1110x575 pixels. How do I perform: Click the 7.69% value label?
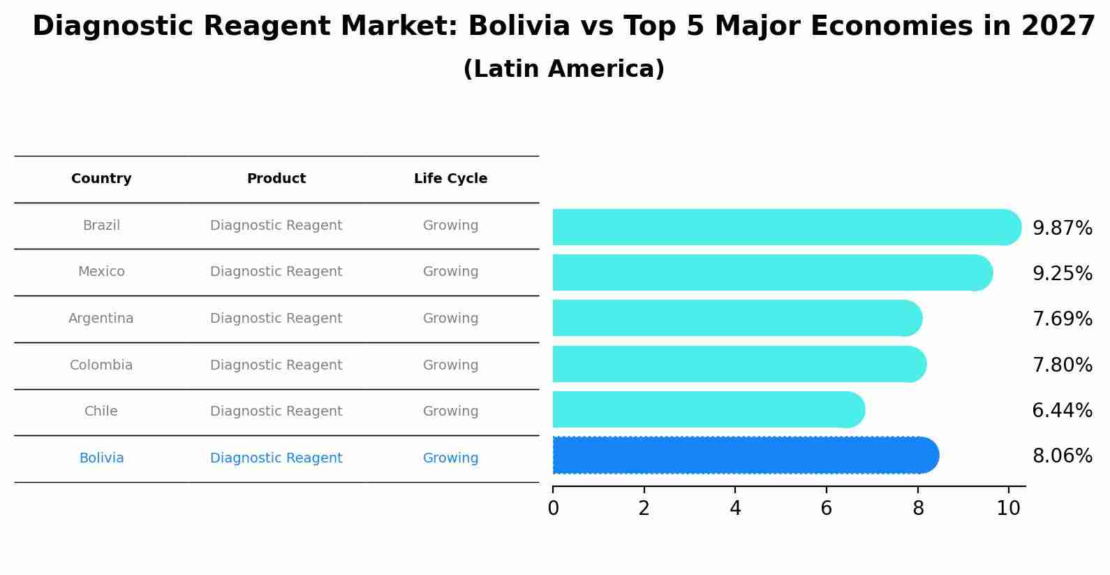pyautogui.click(x=1062, y=319)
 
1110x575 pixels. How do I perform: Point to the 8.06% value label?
pyautogui.click(x=1062, y=456)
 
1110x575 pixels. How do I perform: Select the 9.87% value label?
pyautogui.click(x=1062, y=228)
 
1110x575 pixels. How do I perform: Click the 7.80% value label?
pyautogui.click(x=1062, y=365)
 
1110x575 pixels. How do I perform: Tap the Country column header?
pyautogui.click(x=101, y=179)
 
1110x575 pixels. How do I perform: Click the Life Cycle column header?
pyautogui.click(x=450, y=179)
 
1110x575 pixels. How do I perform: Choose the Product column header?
pyautogui.click(x=276, y=179)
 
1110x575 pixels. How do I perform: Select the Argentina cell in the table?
pyautogui.click(x=101, y=319)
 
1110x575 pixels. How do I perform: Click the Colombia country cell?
pyautogui.click(x=101, y=365)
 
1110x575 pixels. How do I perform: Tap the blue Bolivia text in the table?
pyautogui.click(x=101, y=458)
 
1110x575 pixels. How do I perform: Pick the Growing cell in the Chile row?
pyautogui.click(x=450, y=412)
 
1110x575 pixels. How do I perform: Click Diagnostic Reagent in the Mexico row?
pyautogui.click(x=276, y=272)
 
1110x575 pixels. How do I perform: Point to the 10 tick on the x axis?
pyautogui.click(x=1008, y=509)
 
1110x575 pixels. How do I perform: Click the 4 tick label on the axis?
pyautogui.click(x=735, y=509)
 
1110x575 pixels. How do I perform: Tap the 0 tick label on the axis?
pyautogui.click(x=553, y=509)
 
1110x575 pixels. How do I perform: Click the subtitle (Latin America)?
pyautogui.click(x=563, y=69)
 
